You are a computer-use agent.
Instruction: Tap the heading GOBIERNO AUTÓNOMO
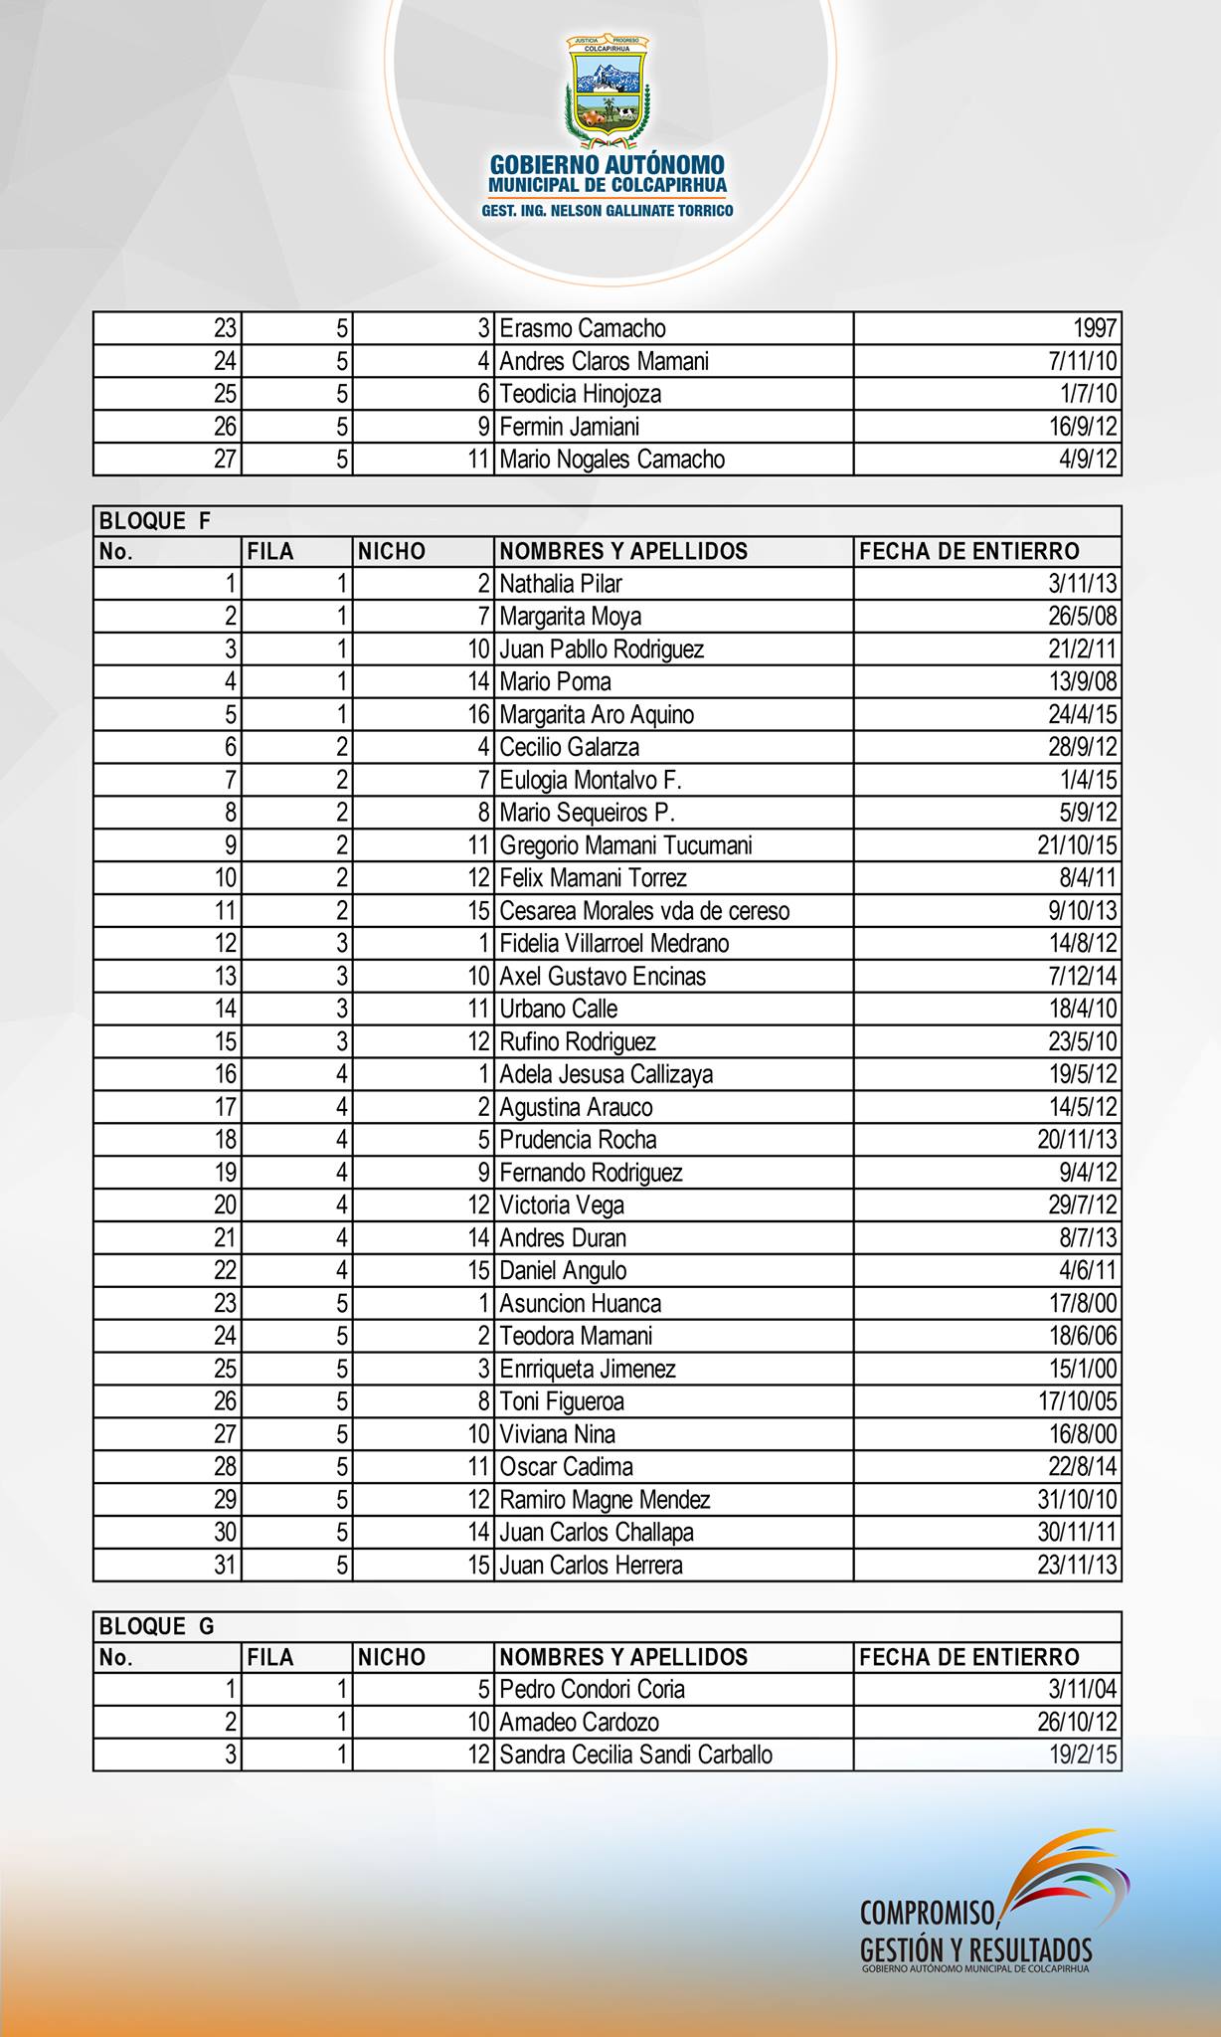608,164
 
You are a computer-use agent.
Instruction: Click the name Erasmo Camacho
583,328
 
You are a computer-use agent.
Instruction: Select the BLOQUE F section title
155,521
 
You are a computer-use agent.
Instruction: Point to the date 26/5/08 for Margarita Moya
1082,617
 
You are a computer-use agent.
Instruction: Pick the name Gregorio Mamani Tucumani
625,845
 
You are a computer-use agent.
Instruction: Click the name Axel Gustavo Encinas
603,976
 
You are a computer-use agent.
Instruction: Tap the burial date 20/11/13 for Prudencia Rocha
1077,1140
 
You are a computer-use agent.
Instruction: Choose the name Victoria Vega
562,1205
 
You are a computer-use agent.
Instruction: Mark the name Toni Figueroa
562,1401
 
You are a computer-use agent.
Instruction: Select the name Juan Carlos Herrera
591,1566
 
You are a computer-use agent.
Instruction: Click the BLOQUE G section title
156,1626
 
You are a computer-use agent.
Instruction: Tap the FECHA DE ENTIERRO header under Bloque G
968,1657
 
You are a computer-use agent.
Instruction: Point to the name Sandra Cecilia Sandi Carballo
635,1755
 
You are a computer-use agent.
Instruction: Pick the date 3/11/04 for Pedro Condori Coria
1082,1689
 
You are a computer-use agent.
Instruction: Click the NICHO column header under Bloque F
392,551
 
